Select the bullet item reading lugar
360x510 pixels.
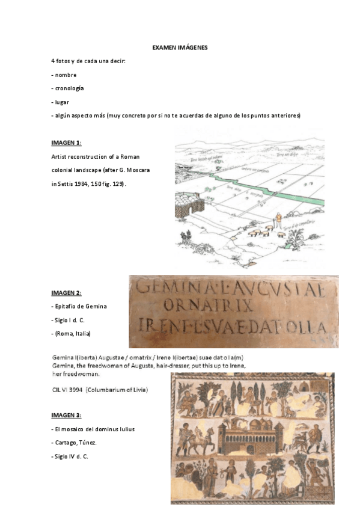pos(62,102)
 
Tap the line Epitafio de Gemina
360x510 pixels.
pos(80,307)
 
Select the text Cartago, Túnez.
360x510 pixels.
pos(75,443)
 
